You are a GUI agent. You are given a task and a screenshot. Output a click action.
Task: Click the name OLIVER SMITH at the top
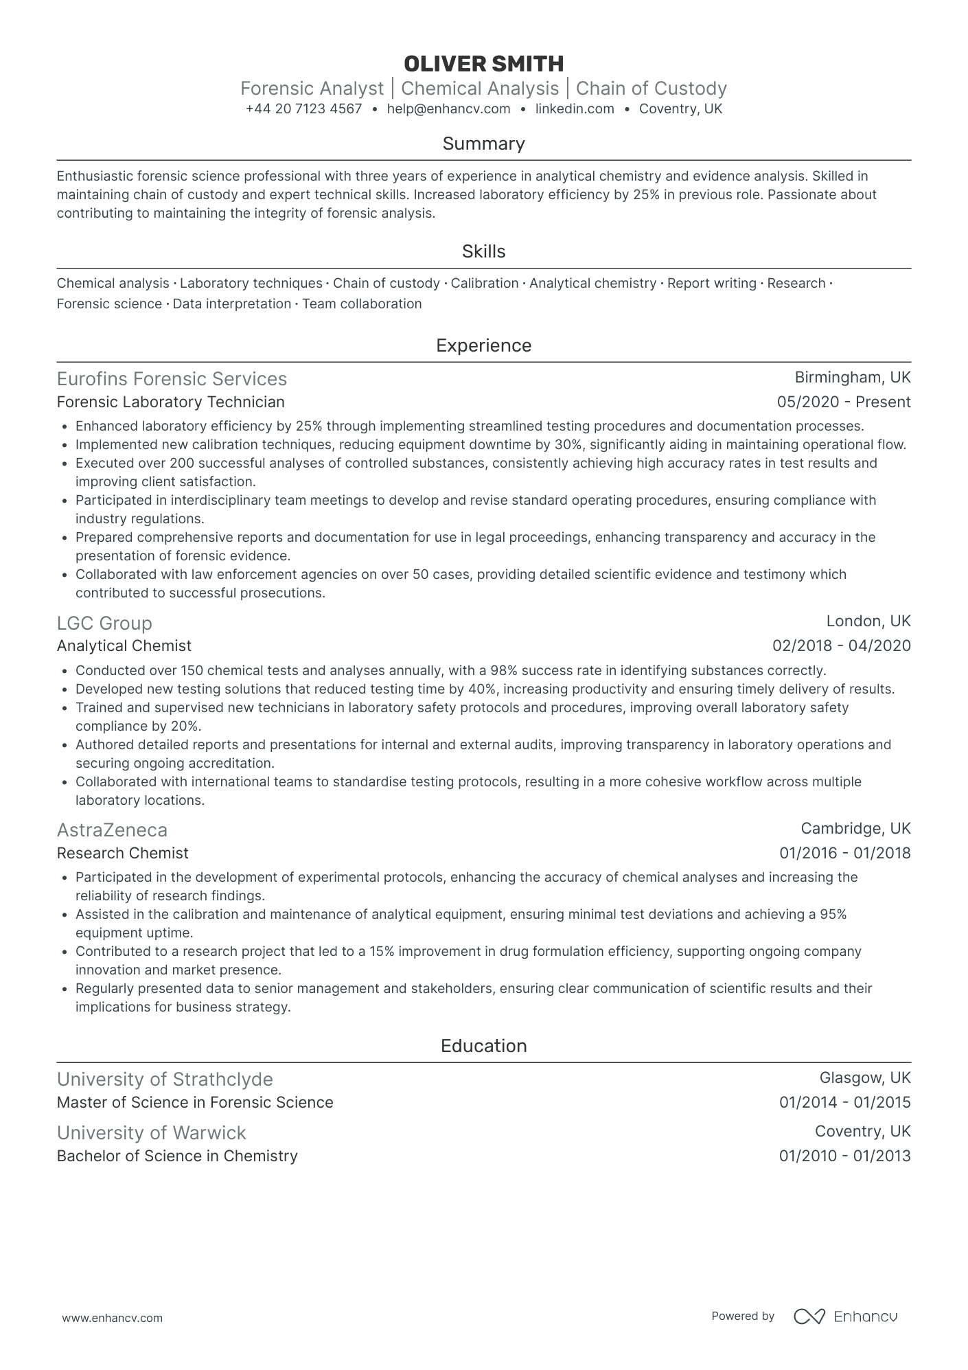point(483,64)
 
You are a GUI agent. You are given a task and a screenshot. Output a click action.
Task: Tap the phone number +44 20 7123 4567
point(303,109)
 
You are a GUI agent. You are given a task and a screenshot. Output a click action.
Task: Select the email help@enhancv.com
point(448,109)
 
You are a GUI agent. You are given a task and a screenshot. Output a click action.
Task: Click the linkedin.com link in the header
point(575,109)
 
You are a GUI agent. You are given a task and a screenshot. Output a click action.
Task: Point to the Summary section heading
point(483,144)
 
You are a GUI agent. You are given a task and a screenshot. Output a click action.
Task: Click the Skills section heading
point(483,251)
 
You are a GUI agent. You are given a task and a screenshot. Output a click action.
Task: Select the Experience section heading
point(483,345)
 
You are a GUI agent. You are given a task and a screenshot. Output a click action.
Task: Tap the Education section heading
point(483,1046)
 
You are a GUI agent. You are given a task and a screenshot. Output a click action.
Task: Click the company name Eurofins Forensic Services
point(172,379)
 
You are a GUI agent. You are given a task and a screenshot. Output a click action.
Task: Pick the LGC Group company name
point(104,624)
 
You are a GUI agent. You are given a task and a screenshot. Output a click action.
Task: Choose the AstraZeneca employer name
point(112,830)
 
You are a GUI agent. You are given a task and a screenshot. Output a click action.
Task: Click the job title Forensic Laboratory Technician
point(170,402)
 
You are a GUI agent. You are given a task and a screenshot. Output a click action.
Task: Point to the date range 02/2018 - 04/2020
point(841,646)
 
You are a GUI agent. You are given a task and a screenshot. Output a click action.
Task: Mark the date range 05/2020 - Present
point(844,402)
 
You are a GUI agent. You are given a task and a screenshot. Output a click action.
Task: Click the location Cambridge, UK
point(855,829)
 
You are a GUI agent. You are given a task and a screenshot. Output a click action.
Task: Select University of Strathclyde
point(165,1080)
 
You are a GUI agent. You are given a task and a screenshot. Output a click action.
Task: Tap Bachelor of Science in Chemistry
point(177,1156)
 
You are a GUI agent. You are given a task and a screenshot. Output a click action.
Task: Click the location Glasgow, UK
point(864,1078)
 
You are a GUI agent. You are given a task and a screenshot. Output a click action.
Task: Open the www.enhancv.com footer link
point(113,1318)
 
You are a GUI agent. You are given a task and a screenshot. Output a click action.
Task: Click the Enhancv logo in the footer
point(845,1316)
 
